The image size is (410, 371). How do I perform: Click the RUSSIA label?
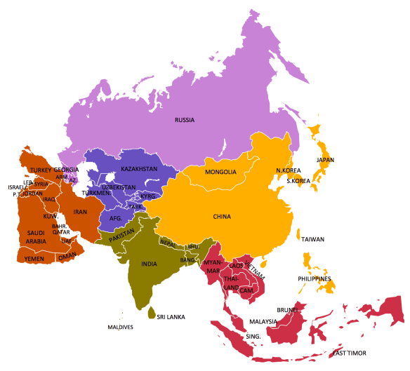click(x=185, y=120)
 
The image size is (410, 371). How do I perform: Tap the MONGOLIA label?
click(x=220, y=173)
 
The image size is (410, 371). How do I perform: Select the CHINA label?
click(x=222, y=217)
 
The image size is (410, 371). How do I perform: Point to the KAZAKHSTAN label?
click(x=139, y=170)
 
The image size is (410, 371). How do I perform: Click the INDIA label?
click(x=149, y=264)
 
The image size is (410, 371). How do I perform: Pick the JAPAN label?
click(x=325, y=160)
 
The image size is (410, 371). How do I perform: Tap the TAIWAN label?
click(x=313, y=239)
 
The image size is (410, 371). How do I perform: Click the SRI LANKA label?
click(x=171, y=317)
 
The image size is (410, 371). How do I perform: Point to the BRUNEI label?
click(x=289, y=309)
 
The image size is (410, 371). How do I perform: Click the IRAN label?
click(x=80, y=212)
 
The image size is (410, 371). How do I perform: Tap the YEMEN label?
click(x=34, y=258)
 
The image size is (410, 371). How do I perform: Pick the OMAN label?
click(x=67, y=256)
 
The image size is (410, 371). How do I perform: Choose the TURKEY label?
click(x=41, y=170)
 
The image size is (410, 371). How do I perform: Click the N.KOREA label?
click(x=288, y=170)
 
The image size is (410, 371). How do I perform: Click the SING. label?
click(x=253, y=337)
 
